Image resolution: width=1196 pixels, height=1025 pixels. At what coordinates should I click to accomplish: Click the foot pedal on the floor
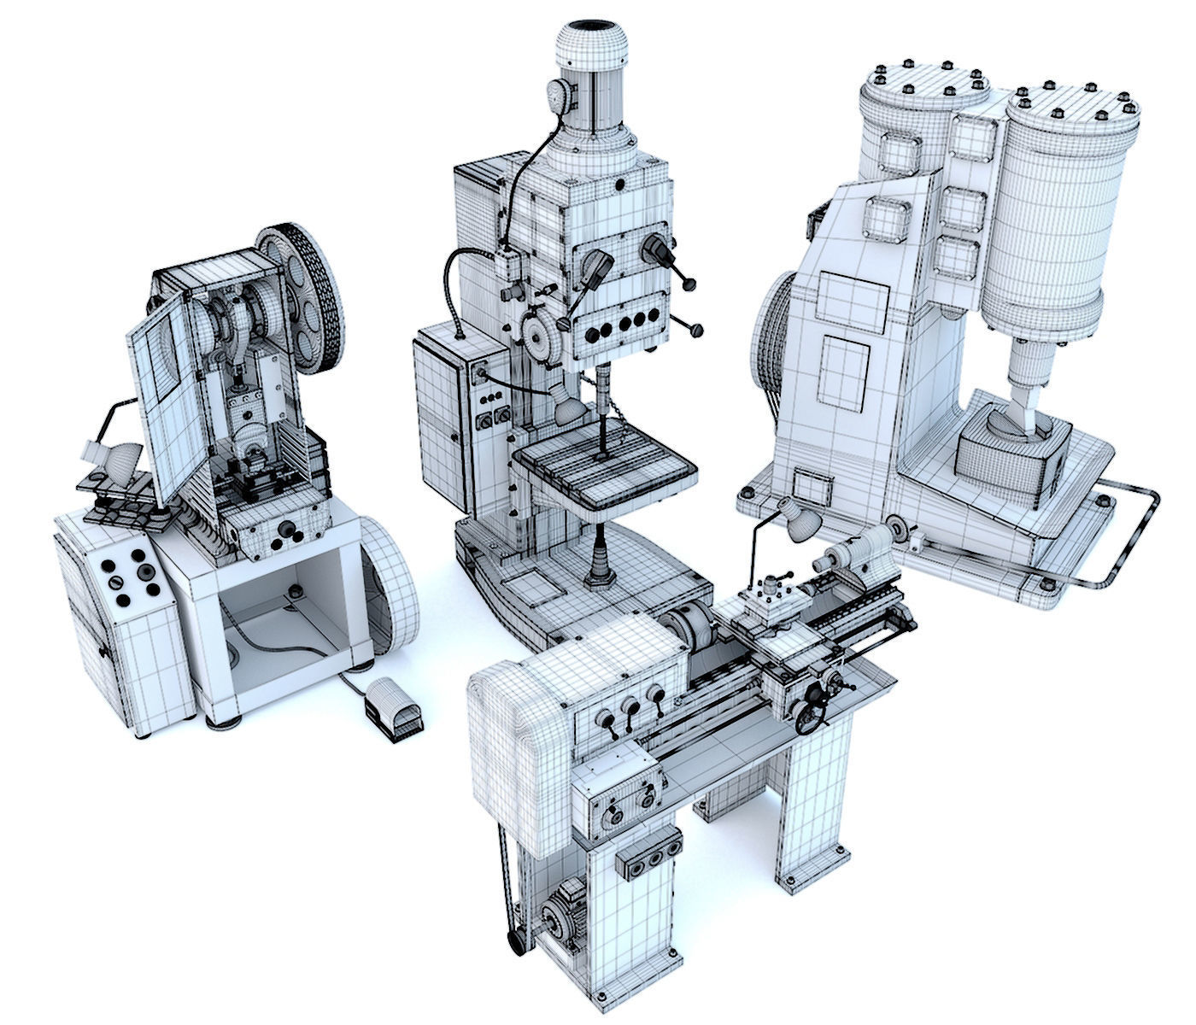pos(393,710)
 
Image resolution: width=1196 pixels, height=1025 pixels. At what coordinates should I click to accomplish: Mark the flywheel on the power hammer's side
pos(767,342)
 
